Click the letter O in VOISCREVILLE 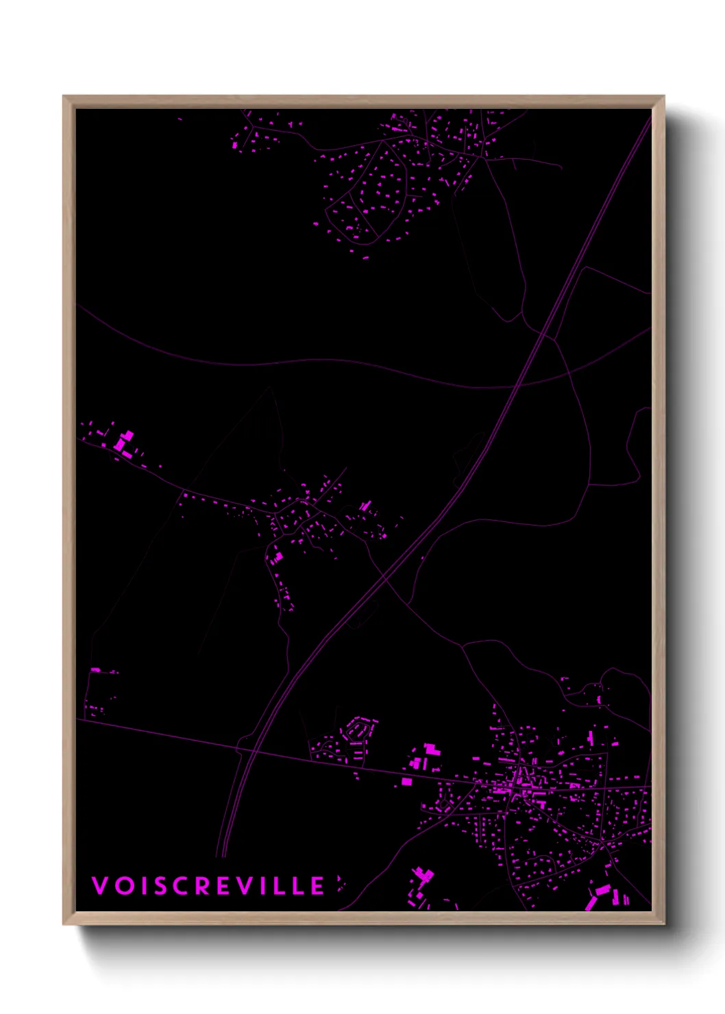coord(125,885)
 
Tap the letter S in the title coord(161,885)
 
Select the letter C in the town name coord(182,885)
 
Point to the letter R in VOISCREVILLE coord(204,885)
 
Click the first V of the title coord(100,885)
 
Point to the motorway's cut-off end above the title coord(221,855)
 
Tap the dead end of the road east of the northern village coord(562,168)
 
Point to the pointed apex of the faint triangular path coord(270,388)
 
